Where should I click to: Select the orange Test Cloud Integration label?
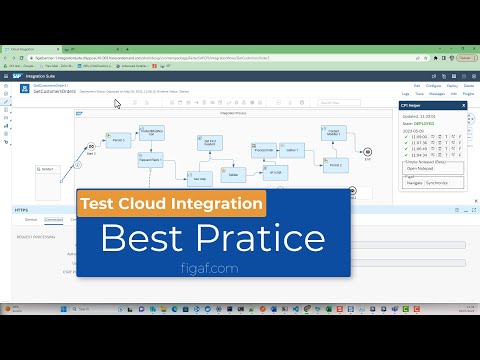(170, 203)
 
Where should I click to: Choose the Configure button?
(405, 88)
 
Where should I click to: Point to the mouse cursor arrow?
(118, 103)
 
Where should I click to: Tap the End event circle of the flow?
(368, 156)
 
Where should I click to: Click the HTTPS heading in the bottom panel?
(21, 210)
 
